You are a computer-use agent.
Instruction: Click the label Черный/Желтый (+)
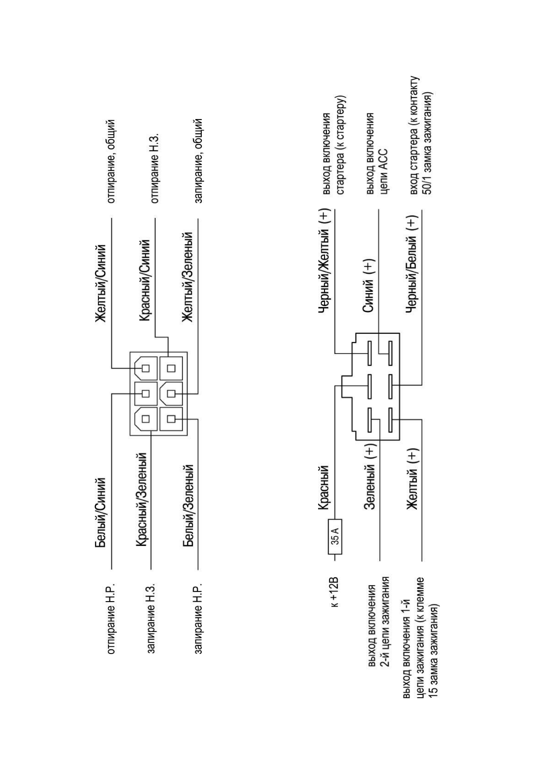coord(325,261)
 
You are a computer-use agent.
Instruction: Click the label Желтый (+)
coord(412,479)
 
